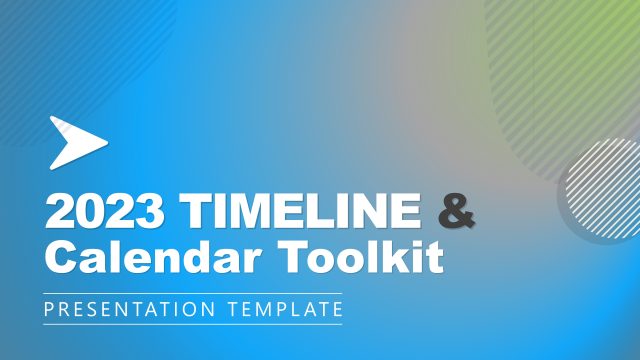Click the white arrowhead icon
(76, 141)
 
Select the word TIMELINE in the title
(300, 213)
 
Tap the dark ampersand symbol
(457, 213)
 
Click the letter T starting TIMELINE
(195, 213)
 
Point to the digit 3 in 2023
(153, 213)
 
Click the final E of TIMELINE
(406, 213)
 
